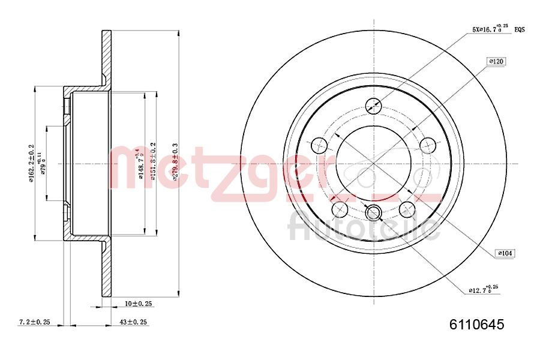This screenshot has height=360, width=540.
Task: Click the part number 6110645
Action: tap(477, 325)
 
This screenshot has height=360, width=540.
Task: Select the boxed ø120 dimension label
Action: tap(496, 61)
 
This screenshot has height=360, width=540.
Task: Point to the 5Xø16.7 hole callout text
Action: tap(490, 28)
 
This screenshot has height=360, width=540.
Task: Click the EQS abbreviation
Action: tap(520, 29)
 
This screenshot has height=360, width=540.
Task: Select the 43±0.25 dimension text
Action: tap(133, 322)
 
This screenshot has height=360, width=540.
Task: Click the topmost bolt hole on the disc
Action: tap(373, 105)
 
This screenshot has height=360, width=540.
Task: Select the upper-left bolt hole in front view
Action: tap(319, 145)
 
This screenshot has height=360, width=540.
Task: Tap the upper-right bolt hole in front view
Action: tap(428, 145)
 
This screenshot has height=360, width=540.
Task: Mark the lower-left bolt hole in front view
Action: tap(340, 209)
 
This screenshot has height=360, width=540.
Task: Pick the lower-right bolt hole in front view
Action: tap(407, 209)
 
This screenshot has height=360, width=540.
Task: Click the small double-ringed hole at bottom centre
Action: tap(373, 212)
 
